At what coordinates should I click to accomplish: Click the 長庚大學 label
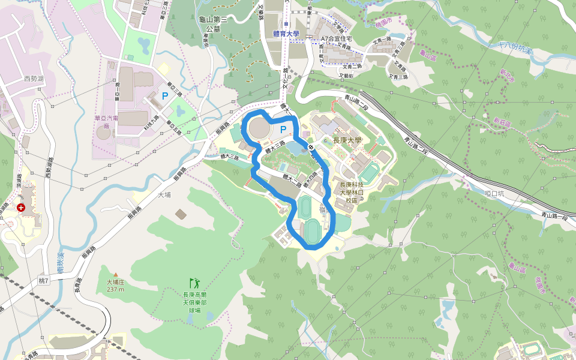pos(347,140)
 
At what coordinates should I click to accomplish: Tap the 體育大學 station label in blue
pos(286,35)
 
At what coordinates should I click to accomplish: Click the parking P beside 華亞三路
pos(164,95)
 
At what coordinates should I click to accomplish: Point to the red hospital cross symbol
pos(21,208)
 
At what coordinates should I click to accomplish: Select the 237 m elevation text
pos(115,289)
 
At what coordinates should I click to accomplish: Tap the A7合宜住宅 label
pos(336,39)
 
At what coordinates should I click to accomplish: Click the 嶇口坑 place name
pos(495,193)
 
